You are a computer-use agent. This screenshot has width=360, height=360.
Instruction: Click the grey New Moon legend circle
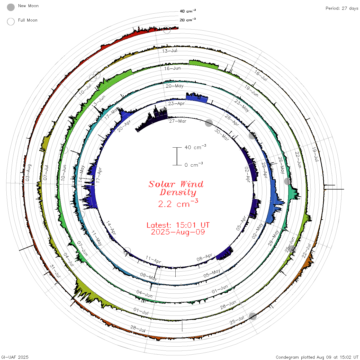click(11, 7)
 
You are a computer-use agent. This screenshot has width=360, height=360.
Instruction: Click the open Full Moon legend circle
click(11, 22)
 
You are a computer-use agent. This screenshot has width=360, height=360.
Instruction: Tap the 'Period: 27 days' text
click(342, 8)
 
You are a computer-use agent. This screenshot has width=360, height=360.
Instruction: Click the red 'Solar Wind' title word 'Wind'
click(192, 184)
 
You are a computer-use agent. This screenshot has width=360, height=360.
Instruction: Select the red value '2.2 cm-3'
click(178, 203)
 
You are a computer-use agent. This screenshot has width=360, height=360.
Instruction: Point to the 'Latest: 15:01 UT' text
click(178, 225)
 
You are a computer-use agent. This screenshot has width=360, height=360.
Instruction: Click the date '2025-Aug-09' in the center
click(178, 232)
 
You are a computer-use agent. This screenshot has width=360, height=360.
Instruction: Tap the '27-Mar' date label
click(178, 121)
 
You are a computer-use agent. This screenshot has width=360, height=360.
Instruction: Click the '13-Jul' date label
click(170, 51)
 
